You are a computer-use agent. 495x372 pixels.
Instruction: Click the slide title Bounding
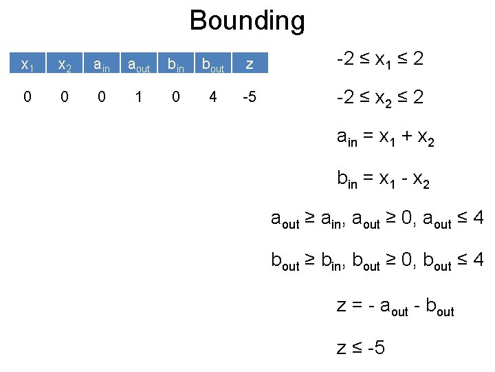coord(247,20)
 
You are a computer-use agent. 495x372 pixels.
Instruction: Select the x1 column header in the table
coord(27,65)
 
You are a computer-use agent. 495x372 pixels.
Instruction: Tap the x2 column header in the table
coord(65,65)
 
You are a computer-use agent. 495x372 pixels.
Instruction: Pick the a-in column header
coord(102,65)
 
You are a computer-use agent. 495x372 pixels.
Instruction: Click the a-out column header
coord(139,65)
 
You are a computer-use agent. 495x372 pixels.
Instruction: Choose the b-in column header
coord(176,65)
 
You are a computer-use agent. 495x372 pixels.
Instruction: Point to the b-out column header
coord(212,65)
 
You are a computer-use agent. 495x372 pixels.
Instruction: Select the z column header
coord(250,65)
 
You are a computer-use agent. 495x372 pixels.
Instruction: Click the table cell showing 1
coord(139,97)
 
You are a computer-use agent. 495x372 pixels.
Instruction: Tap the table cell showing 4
coord(212,97)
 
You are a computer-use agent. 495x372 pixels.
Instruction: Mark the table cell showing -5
coord(250,97)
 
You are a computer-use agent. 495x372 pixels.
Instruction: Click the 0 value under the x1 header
coord(27,97)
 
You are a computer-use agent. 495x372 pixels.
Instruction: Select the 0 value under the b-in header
coord(176,97)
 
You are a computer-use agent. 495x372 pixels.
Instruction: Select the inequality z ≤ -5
coord(361,347)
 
